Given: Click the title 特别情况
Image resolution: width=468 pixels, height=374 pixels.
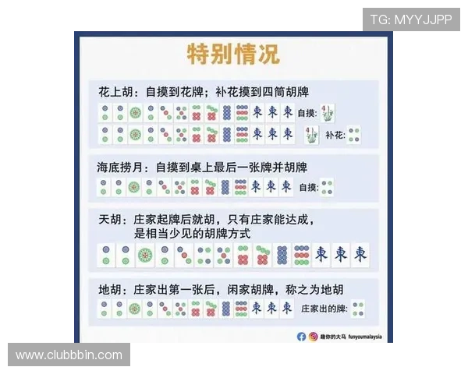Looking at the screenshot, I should tap(232, 55).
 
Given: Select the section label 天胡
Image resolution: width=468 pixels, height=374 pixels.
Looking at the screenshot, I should tap(109, 221).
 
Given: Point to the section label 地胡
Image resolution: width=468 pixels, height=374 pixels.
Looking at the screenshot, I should tap(109, 288).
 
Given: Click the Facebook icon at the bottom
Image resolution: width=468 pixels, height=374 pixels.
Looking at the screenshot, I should tap(301, 337).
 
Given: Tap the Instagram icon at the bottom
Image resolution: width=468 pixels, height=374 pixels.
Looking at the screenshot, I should tap(312, 337).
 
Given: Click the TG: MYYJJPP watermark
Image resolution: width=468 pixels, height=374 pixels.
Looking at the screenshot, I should tap(411, 19).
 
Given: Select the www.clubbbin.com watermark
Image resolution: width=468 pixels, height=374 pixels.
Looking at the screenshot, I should tap(69, 355).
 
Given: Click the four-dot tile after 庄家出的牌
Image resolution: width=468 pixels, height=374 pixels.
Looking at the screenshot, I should tap(360, 309).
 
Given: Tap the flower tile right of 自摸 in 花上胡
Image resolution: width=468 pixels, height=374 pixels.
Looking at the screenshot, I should tap(328, 112).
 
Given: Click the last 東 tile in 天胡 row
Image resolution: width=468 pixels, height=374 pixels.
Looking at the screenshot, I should tap(360, 254).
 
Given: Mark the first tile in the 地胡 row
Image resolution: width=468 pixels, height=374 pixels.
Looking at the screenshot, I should tap(105, 309).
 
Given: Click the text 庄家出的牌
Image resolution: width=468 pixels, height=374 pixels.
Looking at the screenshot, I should tap(324, 309).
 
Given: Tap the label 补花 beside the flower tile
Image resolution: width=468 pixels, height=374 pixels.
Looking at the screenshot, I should tap(334, 135).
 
